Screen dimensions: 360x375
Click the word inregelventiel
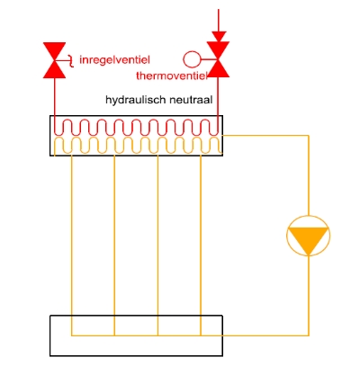(x=114, y=60)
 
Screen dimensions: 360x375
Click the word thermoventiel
(x=172, y=76)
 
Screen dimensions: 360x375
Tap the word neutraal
(x=191, y=100)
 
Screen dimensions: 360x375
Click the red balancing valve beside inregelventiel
(x=54, y=60)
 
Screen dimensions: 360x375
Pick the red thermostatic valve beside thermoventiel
(x=218, y=59)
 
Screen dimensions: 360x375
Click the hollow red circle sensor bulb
(x=192, y=59)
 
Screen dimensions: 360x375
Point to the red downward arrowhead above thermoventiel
(x=219, y=37)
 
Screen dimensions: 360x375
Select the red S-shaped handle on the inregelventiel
(x=70, y=61)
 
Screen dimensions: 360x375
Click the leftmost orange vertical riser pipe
(x=71, y=244)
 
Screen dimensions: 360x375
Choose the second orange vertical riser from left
(x=114, y=244)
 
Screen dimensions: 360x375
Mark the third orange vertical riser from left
(x=157, y=244)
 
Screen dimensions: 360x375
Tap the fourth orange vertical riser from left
(x=201, y=244)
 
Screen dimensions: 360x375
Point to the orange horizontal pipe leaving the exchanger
(x=265, y=136)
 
